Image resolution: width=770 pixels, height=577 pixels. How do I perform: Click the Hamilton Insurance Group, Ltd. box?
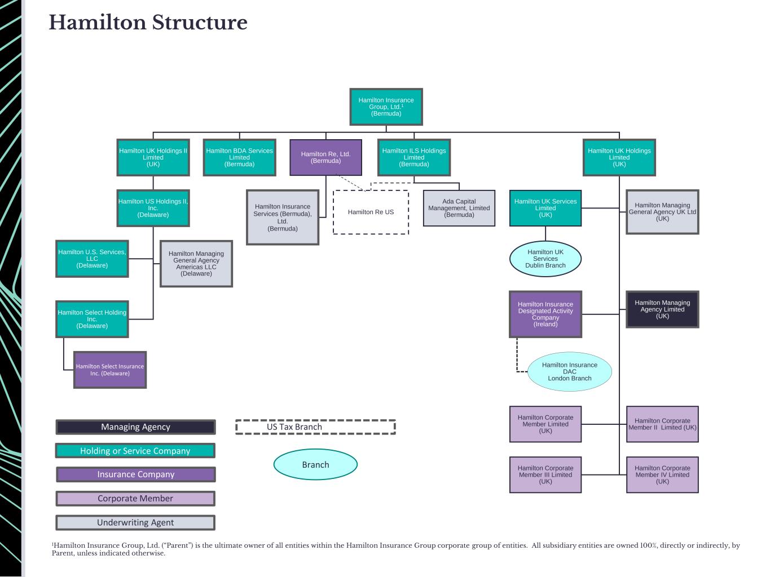coord(386,106)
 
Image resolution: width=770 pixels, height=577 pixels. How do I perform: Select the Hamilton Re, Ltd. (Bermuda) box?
coord(325,157)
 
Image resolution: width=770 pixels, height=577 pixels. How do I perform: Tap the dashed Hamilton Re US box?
coord(371,212)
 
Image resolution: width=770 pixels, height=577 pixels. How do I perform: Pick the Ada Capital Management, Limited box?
coord(459,208)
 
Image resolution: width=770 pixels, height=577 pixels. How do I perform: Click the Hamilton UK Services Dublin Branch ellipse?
coord(545,259)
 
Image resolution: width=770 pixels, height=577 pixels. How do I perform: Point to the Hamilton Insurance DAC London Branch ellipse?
coord(569,372)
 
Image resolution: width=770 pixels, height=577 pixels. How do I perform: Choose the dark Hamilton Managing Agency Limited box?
coord(662,309)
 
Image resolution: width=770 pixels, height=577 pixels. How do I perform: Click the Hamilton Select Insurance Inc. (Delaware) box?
coord(110,370)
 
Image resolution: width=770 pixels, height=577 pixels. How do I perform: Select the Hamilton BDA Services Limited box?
coord(239,157)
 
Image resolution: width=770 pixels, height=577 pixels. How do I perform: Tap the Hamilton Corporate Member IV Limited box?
coord(662,475)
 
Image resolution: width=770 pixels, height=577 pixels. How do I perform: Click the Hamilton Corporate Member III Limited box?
coord(545,475)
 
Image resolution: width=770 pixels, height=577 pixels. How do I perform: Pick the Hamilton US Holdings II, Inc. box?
coord(153,208)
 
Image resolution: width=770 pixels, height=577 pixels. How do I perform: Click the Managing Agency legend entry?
coord(135,427)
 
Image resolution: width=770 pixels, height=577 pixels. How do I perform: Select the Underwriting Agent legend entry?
coord(135,522)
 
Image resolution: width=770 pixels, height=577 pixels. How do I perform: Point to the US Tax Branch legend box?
coord(315,427)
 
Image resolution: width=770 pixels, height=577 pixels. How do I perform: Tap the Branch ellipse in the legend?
coord(315,465)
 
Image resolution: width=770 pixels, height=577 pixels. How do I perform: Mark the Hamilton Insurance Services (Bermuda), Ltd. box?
coord(283,218)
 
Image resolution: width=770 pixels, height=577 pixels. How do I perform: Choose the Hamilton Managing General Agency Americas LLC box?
coord(196,264)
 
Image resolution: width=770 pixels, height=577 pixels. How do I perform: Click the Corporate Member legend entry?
coord(135,499)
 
